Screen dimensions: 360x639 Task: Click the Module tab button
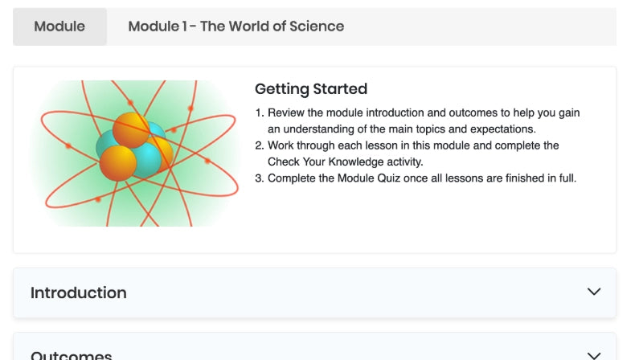[59, 27]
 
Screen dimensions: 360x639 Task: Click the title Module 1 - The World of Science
[236, 27]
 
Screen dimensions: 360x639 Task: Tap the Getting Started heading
[310, 89]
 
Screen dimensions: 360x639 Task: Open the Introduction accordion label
[78, 292]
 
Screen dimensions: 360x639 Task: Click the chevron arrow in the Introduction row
[594, 292]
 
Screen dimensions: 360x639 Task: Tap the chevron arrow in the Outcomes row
[594, 355]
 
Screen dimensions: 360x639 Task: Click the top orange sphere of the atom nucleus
[130, 129]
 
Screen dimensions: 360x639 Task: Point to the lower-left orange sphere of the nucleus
[117, 162]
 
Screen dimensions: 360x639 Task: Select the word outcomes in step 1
[433, 113]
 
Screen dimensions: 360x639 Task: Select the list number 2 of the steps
[259, 145]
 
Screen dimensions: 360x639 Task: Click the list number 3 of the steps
[259, 178]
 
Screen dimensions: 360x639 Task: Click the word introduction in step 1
[376, 113]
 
